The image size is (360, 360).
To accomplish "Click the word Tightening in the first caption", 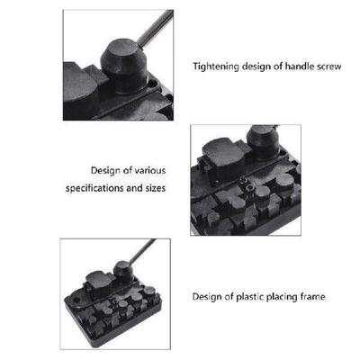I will coord(215,66).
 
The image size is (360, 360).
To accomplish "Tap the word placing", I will coord(285,295).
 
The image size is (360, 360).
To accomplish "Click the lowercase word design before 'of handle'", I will coord(251,66).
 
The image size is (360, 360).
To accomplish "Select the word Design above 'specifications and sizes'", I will coord(107,169).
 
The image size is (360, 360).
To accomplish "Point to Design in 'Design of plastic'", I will coord(209,295).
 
